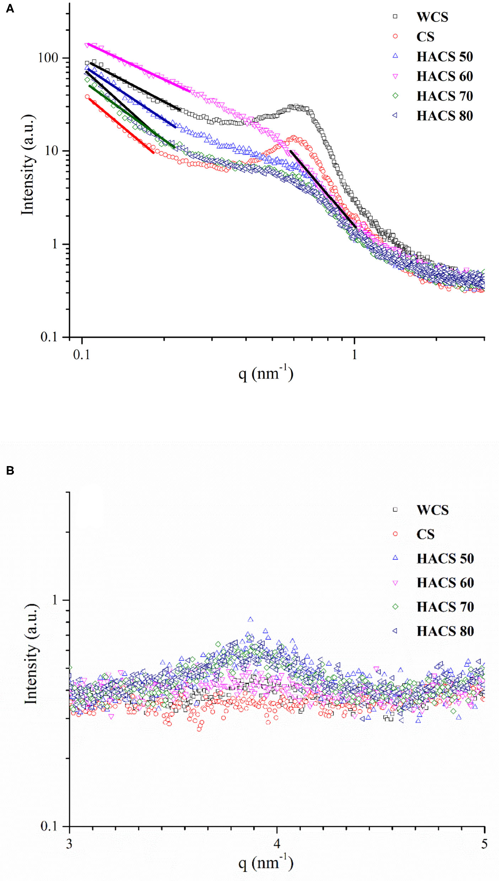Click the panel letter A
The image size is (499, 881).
click(x=10, y=9)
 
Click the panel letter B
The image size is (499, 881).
click(x=10, y=471)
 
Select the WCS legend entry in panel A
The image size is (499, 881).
click(x=432, y=17)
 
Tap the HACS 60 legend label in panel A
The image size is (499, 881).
click(x=444, y=76)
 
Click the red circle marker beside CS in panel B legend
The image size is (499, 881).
click(x=395, y=534)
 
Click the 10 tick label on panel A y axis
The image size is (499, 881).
click(x=52, y=151)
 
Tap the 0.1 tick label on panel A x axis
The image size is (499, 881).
click(x=82, y=355)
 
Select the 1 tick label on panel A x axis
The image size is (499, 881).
click(x=354, y=355)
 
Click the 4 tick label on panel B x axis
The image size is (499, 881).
click(x=277, y=844)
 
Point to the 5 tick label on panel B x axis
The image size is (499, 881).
click(x=484, y=844)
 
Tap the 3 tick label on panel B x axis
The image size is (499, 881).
click(x=69, y=844)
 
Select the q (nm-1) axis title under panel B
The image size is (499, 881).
click(x=266, y=863)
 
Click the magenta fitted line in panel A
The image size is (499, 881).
click(x=139, y=67)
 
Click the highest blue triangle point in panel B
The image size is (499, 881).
click(x=251, y=620)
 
